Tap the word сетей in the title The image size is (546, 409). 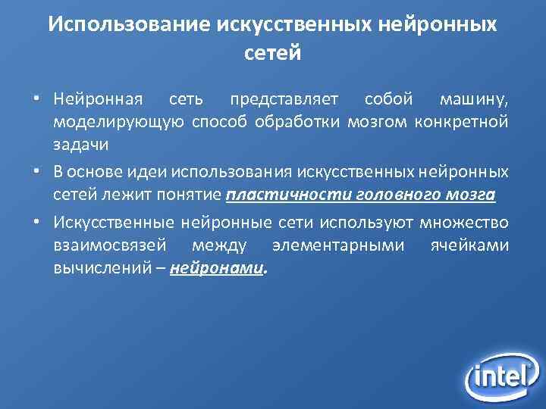tap(273, 53)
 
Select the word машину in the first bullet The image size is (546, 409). tap(472, 99)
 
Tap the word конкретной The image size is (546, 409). tap(462, 121)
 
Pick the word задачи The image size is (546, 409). tap(80, 143)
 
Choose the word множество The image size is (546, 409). tap(464, 223)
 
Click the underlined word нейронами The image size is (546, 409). tap(218, 267)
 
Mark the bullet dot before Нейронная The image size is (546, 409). tap(36, 100)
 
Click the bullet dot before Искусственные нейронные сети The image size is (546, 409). tap(36, 224)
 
